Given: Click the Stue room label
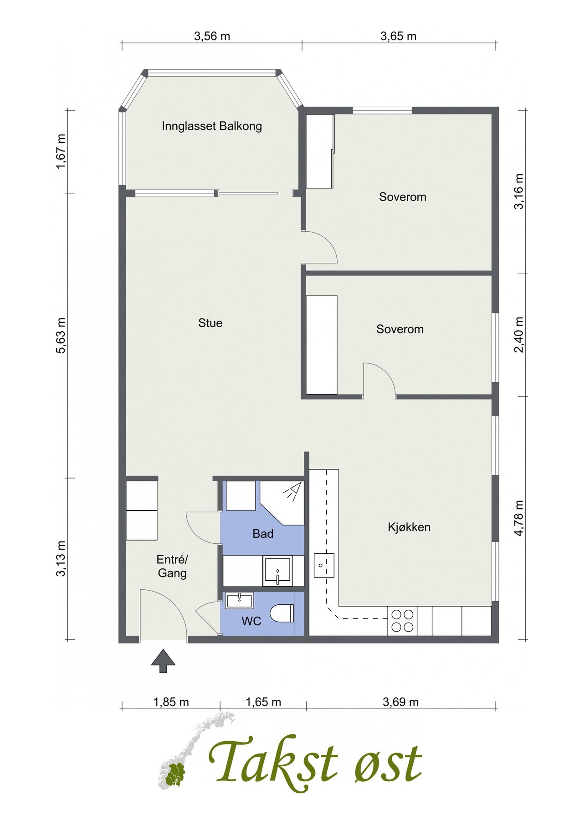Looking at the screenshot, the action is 210,323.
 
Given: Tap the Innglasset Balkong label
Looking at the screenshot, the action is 212,126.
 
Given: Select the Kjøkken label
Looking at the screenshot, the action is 409,527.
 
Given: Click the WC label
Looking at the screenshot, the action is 252,621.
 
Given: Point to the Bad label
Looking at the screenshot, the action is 263,533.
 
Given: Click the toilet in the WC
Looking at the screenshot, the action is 282,613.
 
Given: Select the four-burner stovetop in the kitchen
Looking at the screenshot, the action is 402,621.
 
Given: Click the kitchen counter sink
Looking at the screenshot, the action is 323,566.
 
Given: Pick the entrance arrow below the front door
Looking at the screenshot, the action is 163,661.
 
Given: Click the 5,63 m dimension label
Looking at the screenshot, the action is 61,336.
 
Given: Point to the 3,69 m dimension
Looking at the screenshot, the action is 400,702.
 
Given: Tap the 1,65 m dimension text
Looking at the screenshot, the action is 263,702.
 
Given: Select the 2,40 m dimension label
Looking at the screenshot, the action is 518,335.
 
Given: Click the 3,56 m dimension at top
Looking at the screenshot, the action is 212,36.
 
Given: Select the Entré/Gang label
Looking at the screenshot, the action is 172,566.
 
